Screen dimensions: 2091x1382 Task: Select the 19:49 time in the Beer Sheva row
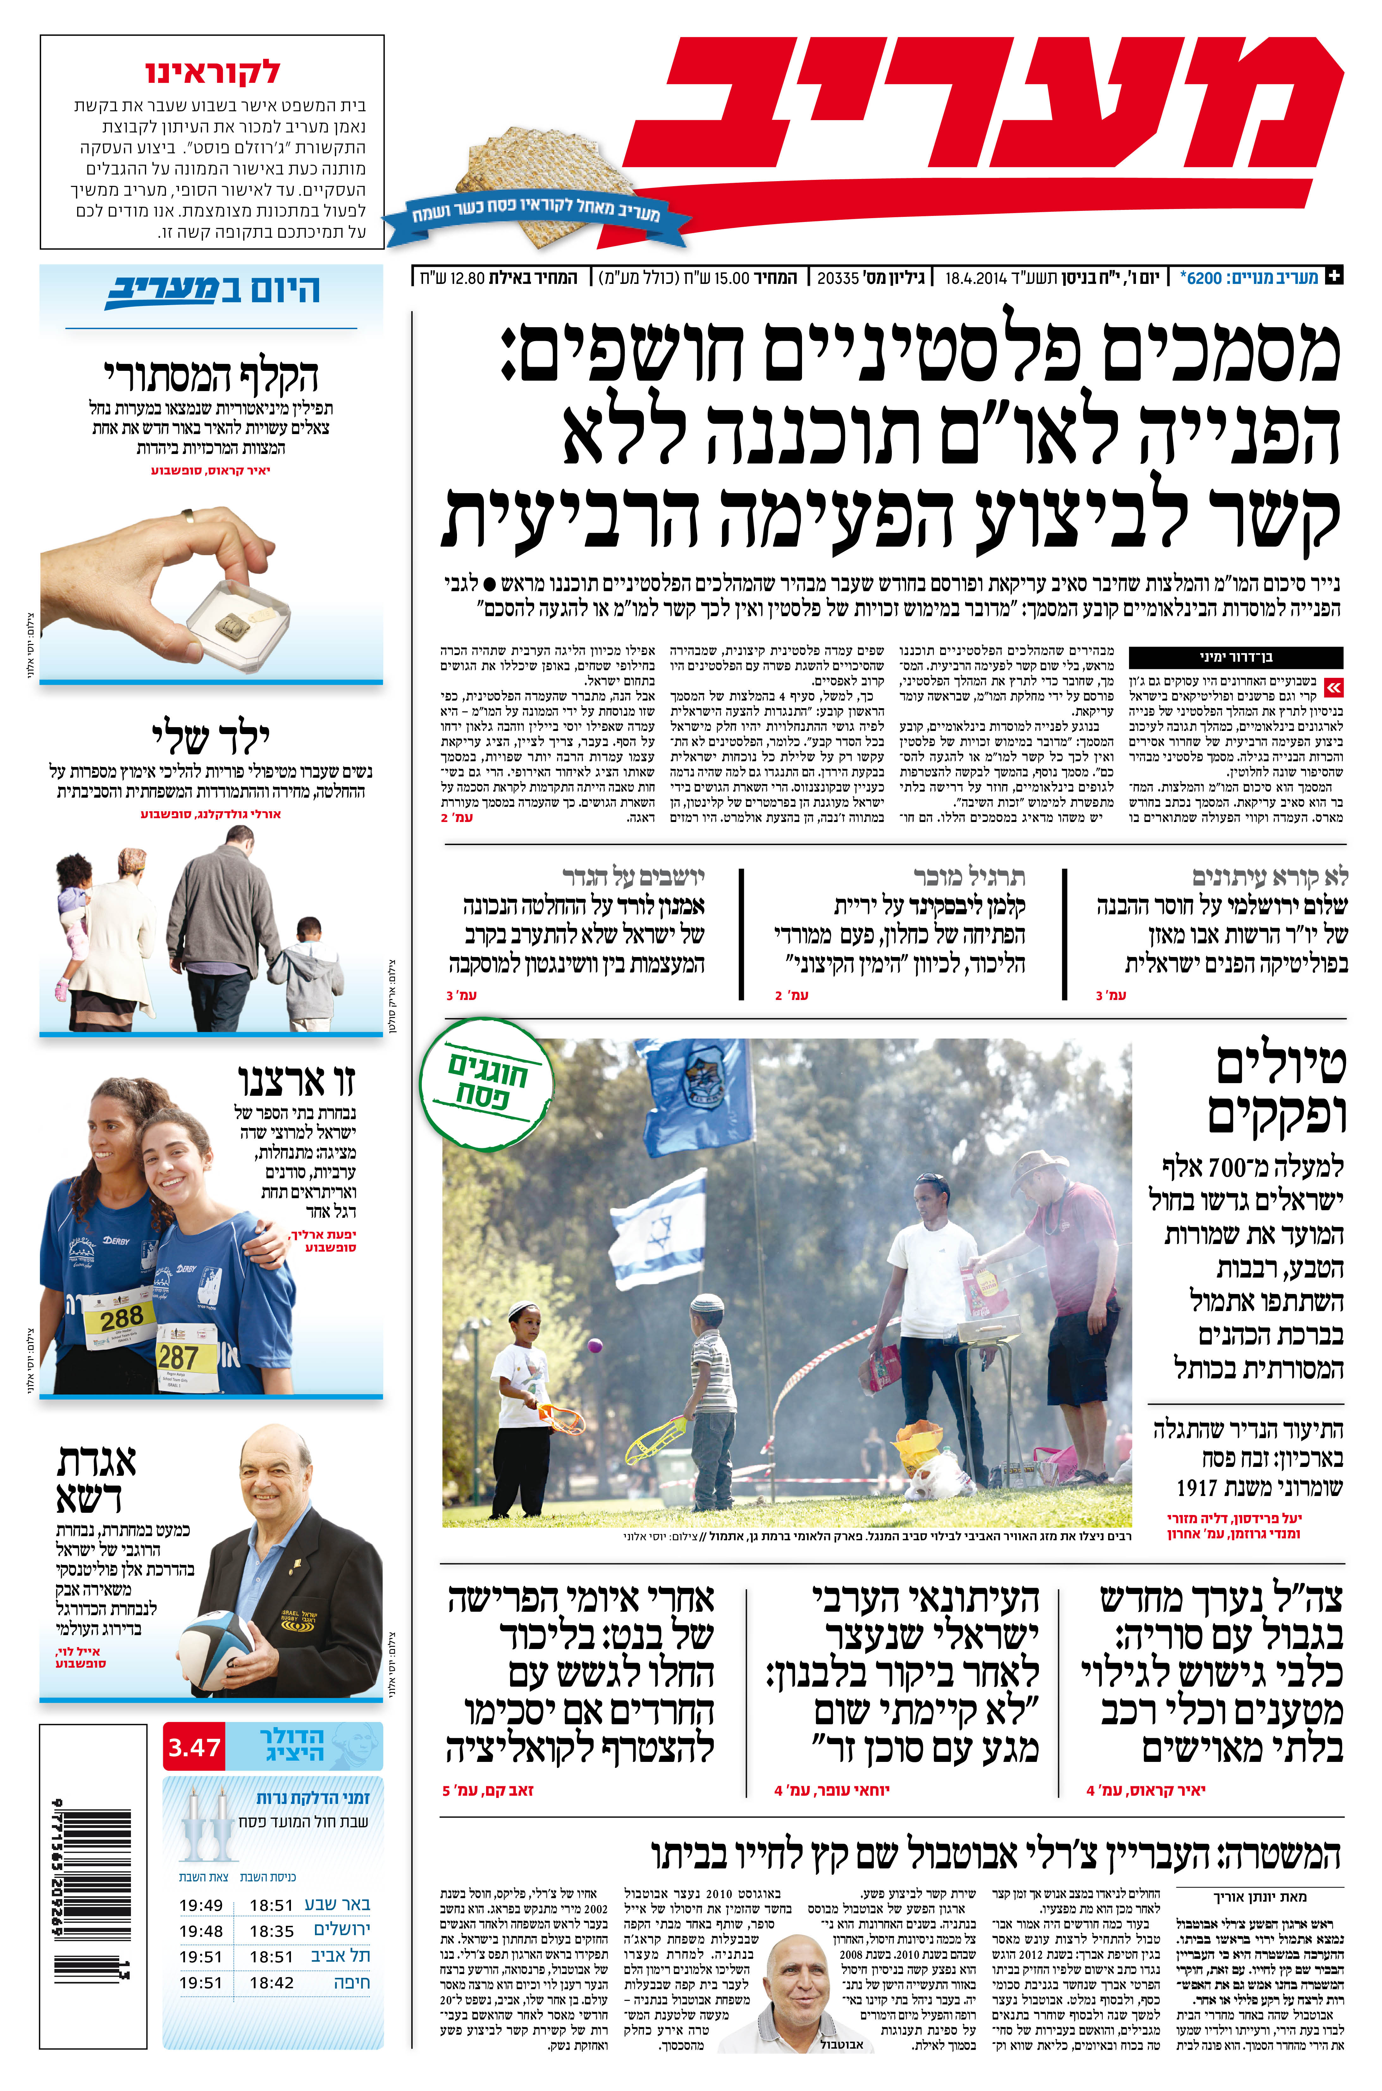coord(201,1905)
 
